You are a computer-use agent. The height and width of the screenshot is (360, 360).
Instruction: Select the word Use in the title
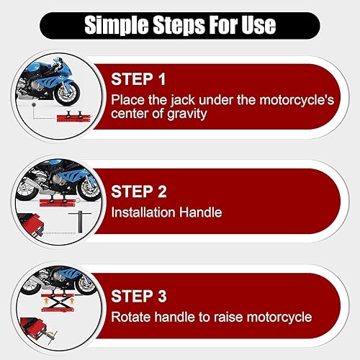pyautogui.click(x=256, y=25)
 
